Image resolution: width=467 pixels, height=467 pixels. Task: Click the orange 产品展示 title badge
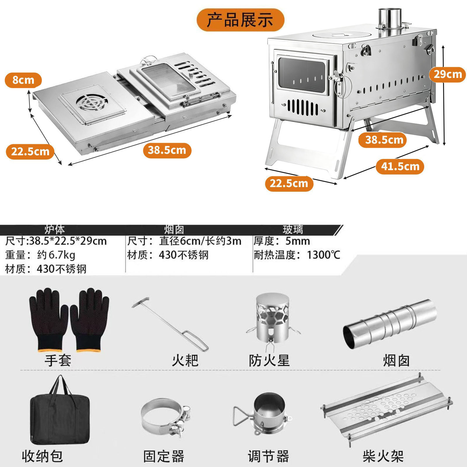click(240, 20)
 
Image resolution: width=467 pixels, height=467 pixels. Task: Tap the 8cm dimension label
click(23, 80)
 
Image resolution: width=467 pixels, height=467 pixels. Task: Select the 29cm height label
click(447, 74)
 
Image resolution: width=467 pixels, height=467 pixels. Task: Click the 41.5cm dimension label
click(400, 167)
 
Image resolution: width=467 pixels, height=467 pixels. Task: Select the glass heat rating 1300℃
click(323, 255)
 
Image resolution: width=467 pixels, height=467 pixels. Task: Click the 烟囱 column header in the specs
click(174, 230)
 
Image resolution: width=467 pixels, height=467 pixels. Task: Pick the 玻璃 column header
click(293, 230)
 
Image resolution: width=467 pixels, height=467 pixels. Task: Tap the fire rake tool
click(170, 324)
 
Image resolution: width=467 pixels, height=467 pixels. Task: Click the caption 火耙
click(185, 361)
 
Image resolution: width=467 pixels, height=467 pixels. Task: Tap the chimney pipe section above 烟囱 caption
click(390, 322)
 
